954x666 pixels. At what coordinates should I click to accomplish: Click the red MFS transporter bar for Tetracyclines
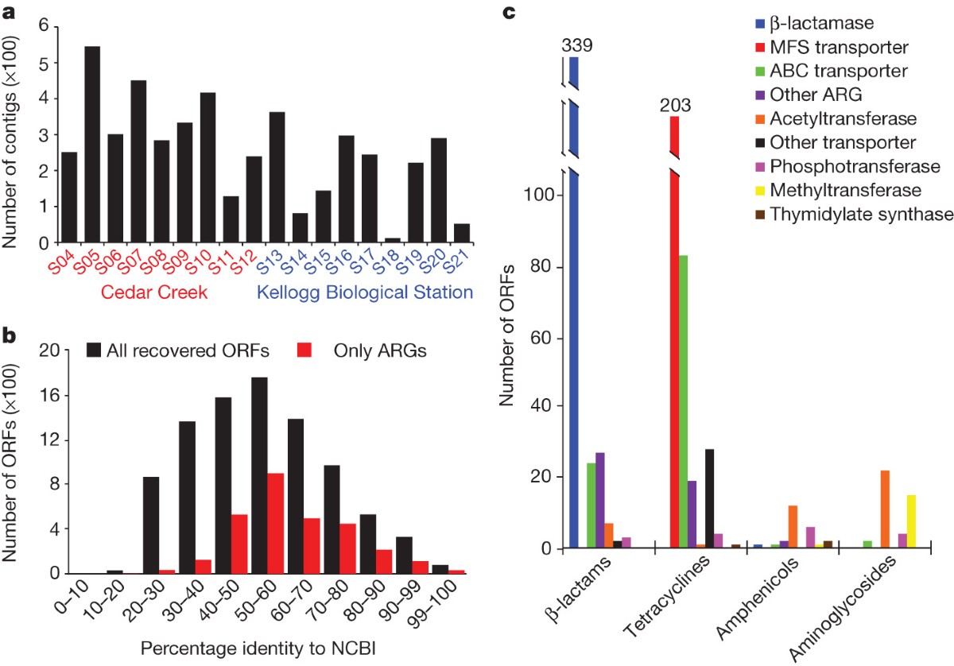pos(674,334)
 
